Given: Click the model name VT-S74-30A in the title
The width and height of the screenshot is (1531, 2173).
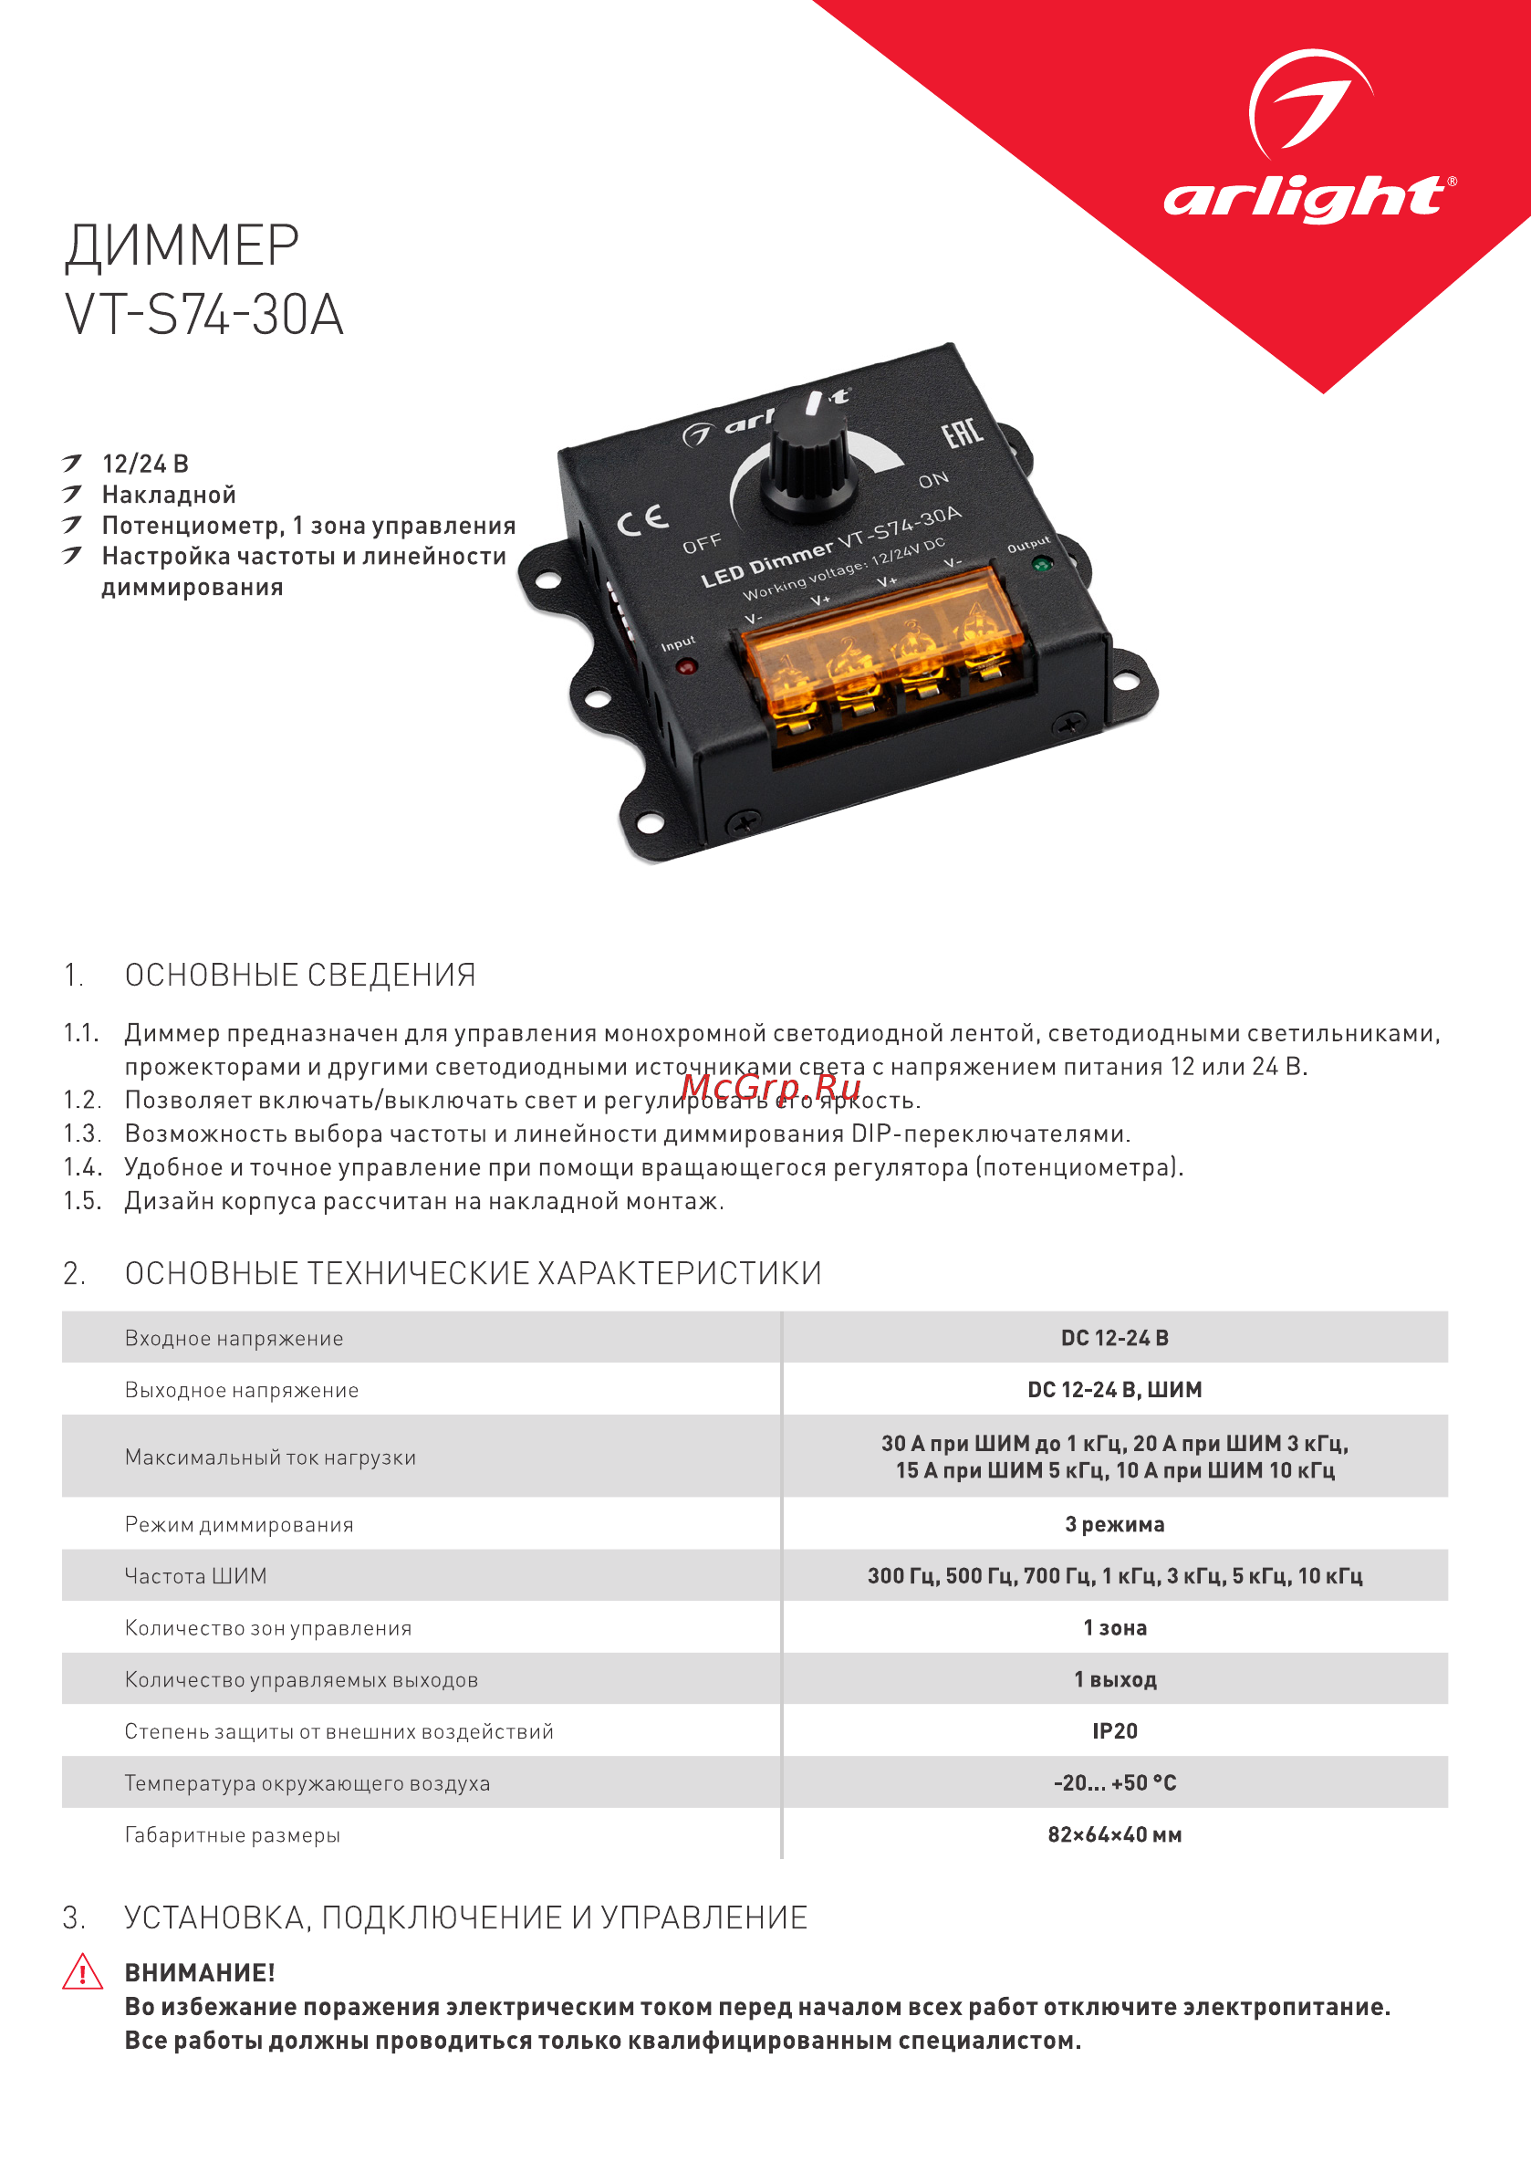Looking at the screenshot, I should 203,314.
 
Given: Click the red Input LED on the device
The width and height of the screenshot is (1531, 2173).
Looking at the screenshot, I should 687,666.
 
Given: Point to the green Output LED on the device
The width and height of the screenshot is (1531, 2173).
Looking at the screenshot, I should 1043,564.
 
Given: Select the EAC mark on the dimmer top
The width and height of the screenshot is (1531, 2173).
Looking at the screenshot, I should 963,434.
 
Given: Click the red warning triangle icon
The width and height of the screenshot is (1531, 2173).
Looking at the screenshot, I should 82,1972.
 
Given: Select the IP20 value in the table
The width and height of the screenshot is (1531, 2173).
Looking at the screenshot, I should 1115,1731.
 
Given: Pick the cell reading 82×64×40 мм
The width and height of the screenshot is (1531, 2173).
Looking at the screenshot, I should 1115,1835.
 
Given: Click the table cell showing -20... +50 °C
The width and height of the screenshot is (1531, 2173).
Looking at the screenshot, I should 1115,1783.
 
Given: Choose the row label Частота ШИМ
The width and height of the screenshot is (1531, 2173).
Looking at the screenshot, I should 196,1576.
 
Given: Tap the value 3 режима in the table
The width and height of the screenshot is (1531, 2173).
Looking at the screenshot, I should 1115,1525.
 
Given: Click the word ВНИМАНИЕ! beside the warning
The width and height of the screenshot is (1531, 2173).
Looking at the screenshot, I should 200,1973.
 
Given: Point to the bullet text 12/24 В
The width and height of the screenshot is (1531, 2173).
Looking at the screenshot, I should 146,464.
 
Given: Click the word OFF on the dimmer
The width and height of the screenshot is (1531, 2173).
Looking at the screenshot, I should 703,544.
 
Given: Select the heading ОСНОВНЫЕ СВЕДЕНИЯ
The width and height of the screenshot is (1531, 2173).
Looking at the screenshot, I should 300,975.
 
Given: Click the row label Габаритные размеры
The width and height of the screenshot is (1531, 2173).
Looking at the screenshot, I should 233,1835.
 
